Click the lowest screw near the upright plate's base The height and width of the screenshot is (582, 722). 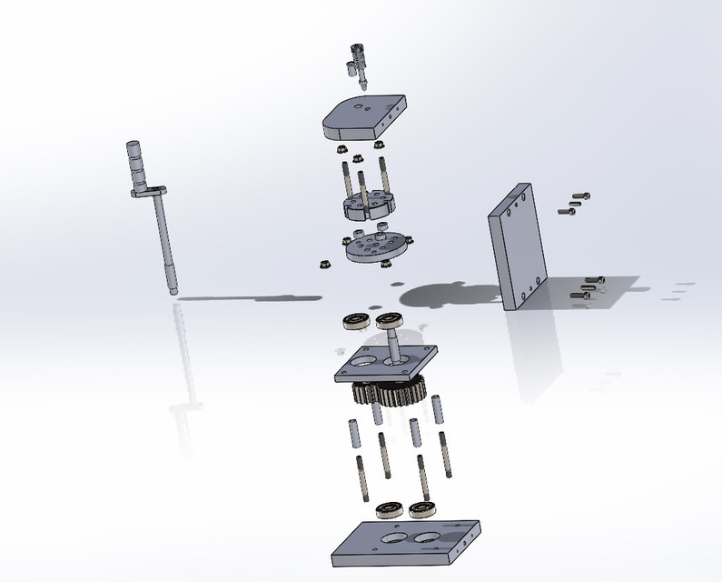[x=584, y=295]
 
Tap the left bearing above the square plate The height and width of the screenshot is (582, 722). [x=355, y=321]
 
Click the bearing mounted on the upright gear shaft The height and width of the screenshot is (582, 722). [x=391, y=319]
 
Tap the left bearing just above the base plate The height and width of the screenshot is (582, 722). [x=388, y=506]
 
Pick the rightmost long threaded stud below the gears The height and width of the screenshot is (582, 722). [x=445, y=455]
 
